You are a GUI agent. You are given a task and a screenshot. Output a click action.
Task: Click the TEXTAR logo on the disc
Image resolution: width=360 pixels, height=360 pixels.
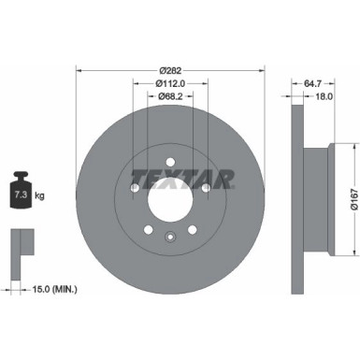click(x=169, y=176)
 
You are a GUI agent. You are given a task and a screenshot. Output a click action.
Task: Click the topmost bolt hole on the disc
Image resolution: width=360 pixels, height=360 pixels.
click(x=169, y=151)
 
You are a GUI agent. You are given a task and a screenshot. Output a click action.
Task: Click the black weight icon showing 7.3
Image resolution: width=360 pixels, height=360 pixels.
click(x=20, y=194)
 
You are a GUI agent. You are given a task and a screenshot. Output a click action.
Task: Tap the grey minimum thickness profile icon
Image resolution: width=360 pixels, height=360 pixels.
click(x=18, y=241)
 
